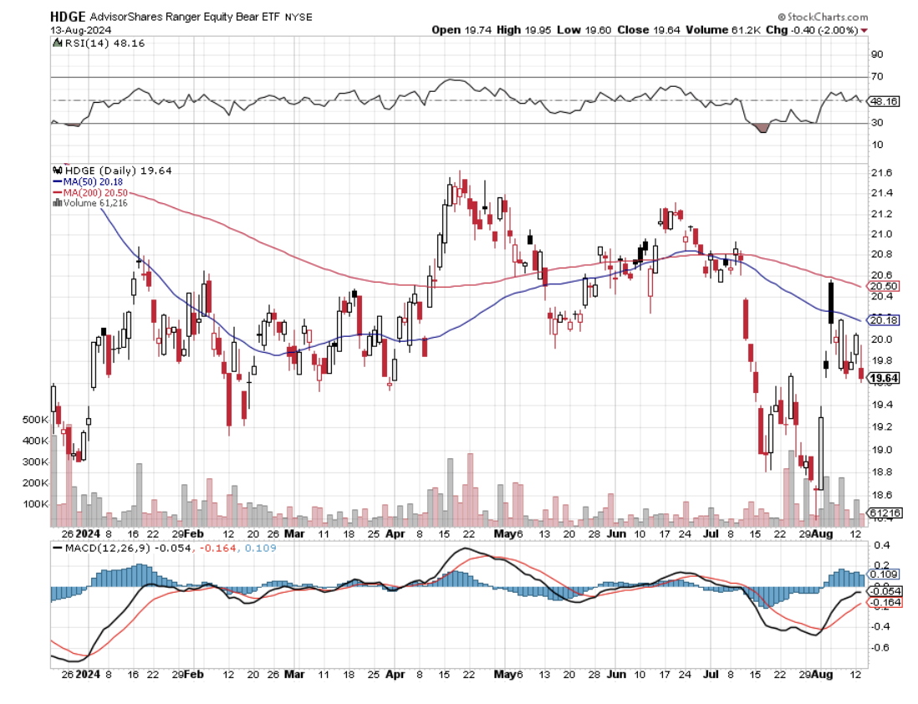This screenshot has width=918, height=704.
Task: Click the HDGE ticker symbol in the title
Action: click(x=69, y=15)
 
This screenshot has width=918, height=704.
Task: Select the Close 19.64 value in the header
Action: click(x=646, y=29)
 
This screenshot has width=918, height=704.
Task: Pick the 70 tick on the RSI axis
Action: click(x=878, y=76)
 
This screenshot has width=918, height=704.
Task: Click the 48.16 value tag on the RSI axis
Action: click(x=884, y=101)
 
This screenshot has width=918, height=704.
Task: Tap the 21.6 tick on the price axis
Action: click(x=880, y=173)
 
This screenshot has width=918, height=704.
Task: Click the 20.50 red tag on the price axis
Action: click(x=884, y=286)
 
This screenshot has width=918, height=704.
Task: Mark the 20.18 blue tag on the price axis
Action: click(x=884, y=320)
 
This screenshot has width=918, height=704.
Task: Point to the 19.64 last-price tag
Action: click(x=884, y=379)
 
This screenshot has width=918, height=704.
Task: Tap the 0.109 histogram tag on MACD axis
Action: click(x=884, y=574)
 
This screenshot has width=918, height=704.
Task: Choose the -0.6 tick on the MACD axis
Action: click(x=880, y=647)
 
